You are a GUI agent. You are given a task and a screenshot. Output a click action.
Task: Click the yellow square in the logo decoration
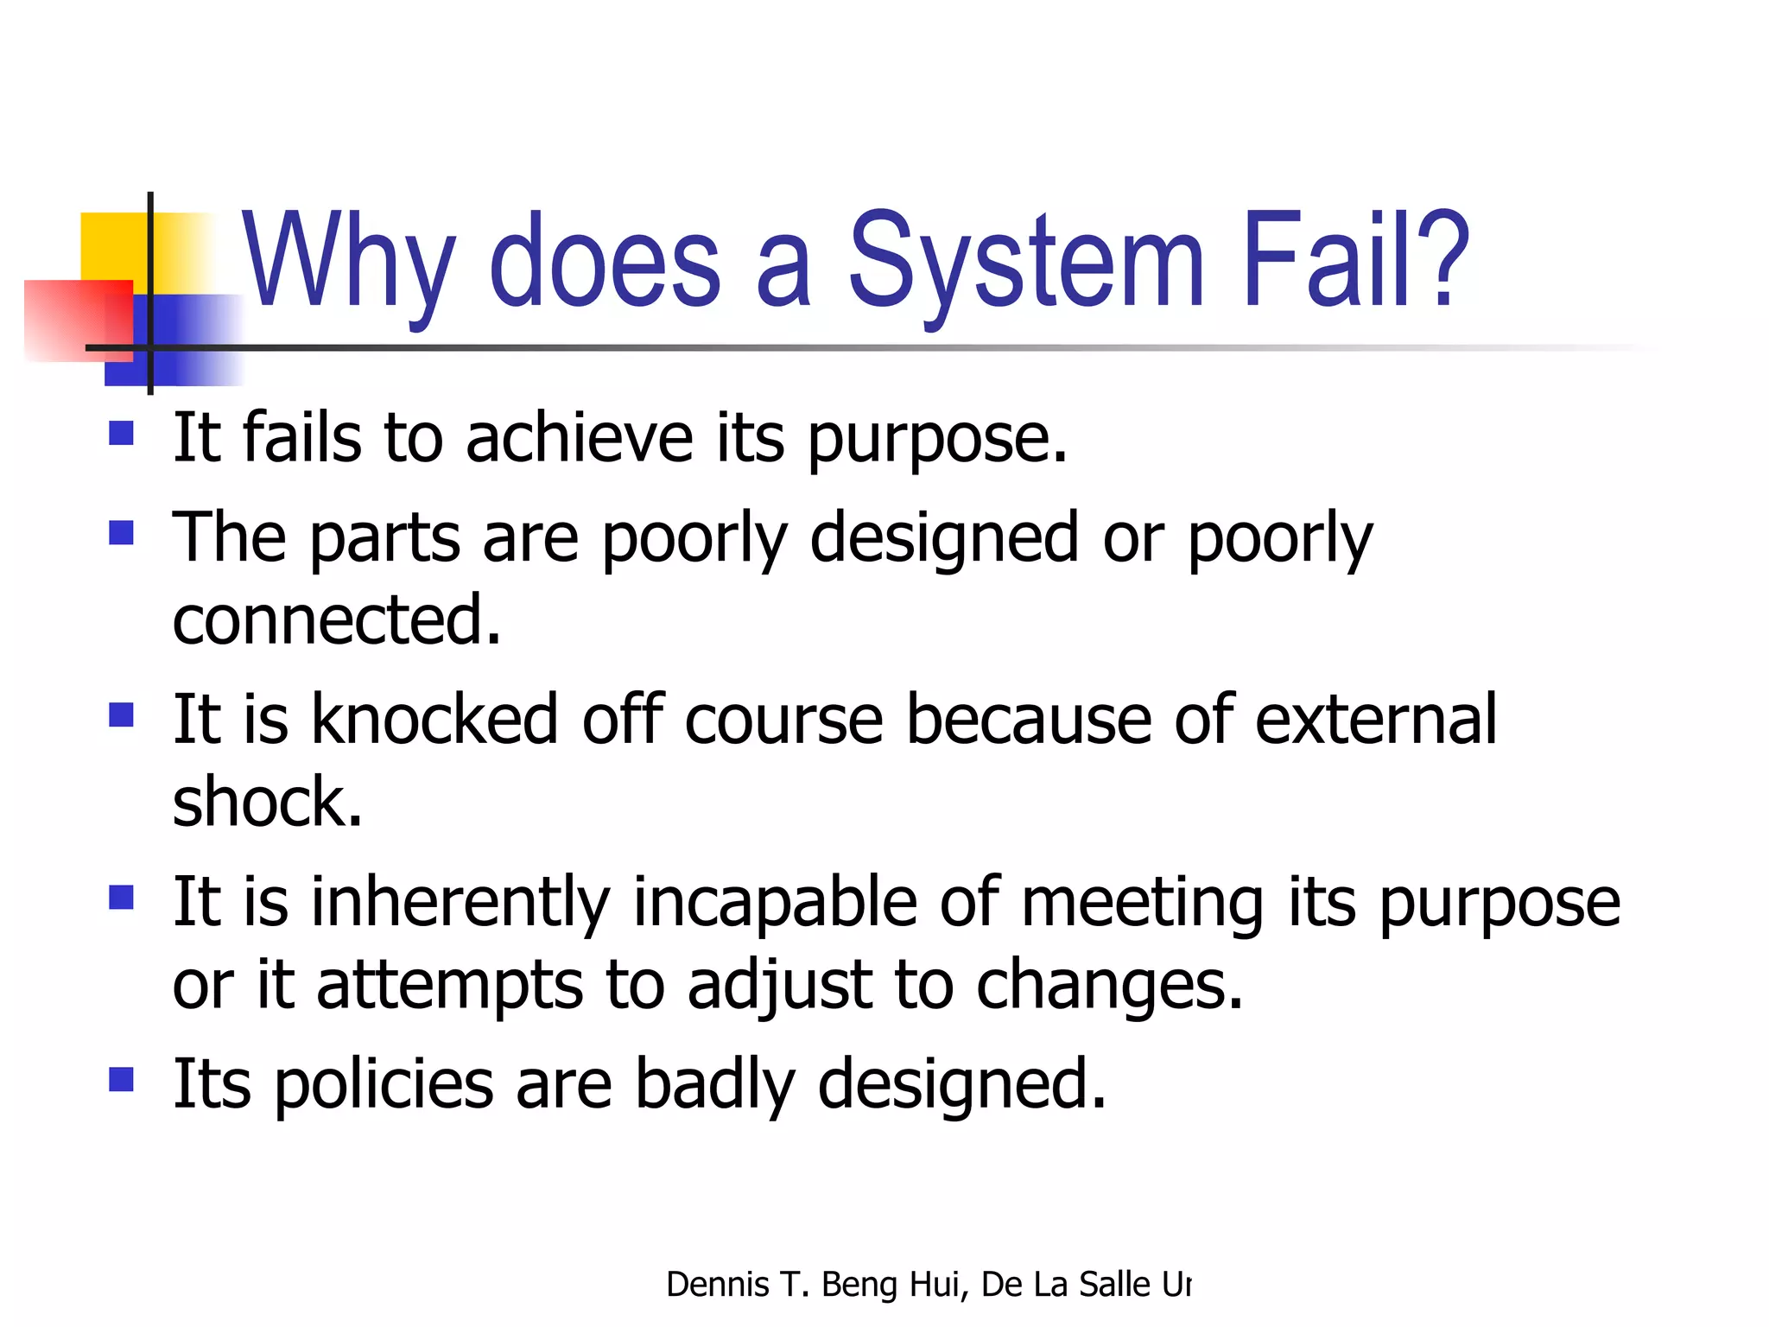112,246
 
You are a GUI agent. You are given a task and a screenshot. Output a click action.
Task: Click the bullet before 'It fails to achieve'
122,432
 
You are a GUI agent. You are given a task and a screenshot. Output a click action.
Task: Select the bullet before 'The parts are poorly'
122,532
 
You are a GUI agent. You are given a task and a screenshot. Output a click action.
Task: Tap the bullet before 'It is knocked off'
122,715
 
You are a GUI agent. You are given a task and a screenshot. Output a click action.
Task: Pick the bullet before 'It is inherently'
122,898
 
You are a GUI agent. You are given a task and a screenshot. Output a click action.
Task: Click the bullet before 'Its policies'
122,1080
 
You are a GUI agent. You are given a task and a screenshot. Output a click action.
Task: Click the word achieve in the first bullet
579,438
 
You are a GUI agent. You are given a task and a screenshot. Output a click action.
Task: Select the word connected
337,619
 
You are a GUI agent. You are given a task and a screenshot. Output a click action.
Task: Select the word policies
384,1083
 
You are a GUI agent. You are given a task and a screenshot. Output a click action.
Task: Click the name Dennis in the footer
717,1285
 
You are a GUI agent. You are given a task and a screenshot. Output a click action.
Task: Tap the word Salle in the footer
1114,1285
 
